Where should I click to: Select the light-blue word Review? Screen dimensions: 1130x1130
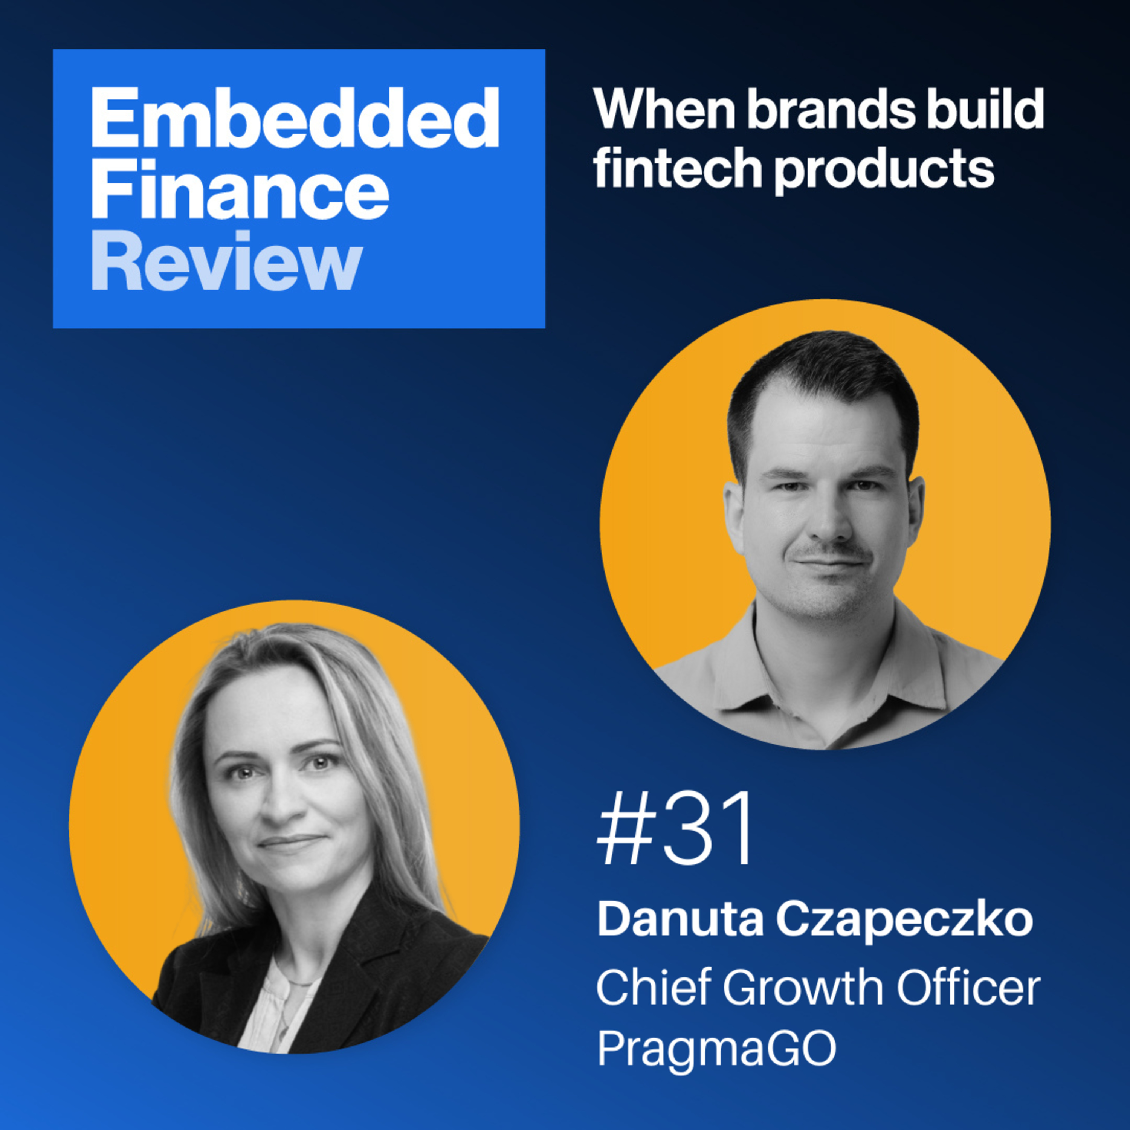click(x=226, y=260)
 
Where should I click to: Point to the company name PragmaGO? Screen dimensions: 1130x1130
click(x=716, y=1050)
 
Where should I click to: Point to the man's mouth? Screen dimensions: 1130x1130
click(x=831, y=563)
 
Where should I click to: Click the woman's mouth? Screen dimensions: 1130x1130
click(x=291, y=842)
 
